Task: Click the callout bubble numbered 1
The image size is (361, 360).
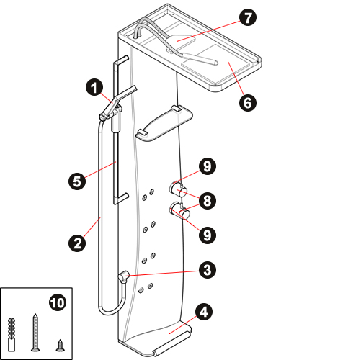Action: click(94, 88)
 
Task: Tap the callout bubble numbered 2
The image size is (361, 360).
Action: click(77, 243)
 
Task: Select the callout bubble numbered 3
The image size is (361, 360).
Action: click(208, 270)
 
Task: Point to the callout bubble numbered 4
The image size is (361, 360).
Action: click(204, 312)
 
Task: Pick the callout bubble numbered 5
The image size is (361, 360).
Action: click(77, 181)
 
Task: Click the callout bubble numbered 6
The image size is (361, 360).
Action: click(248, 103)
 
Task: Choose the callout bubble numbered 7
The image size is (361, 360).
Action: click(248, 17)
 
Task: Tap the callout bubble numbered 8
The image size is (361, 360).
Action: click(208, 201)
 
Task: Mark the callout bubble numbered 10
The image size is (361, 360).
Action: click(58, 303)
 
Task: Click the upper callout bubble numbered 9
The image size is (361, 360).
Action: click(208, 166)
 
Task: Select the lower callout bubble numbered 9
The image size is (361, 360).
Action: click(208, 235)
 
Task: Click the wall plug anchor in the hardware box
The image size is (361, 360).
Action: click(12, 335)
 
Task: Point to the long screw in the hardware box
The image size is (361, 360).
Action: click(35, 333)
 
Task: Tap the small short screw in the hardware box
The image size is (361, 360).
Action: click(60, 346)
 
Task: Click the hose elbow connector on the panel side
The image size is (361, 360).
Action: click(124, 276)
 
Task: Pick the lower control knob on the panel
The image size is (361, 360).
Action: click(179, 211)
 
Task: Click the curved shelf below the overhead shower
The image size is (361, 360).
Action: click(164, 123)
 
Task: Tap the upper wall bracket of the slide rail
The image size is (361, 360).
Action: click(121, 61)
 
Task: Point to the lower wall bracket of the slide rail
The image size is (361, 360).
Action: click(121, 199)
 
